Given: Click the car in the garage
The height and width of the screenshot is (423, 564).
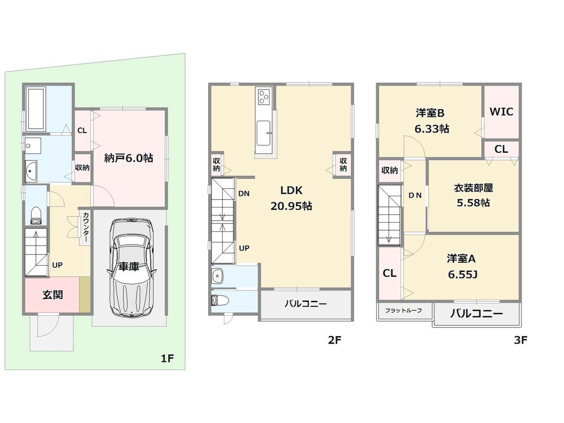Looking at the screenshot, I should (130, 268).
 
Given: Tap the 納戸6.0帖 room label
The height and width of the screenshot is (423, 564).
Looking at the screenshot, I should (129, 158).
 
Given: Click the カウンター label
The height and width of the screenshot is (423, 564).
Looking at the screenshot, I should (85, 227).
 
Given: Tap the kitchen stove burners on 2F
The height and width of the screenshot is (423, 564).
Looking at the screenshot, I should (263, 98).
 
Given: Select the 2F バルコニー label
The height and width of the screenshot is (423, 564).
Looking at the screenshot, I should (305, 304).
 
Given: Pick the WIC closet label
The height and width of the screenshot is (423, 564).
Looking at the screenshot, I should (501, 112).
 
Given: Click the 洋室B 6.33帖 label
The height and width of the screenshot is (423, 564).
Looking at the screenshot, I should (431, 120).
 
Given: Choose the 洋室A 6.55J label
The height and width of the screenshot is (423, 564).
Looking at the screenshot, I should (462, 266).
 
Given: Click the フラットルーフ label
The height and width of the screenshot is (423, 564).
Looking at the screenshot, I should (403, 311).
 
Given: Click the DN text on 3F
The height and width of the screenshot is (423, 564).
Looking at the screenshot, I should (415, 195).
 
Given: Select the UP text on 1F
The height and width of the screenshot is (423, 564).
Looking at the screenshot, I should (57, 264).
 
